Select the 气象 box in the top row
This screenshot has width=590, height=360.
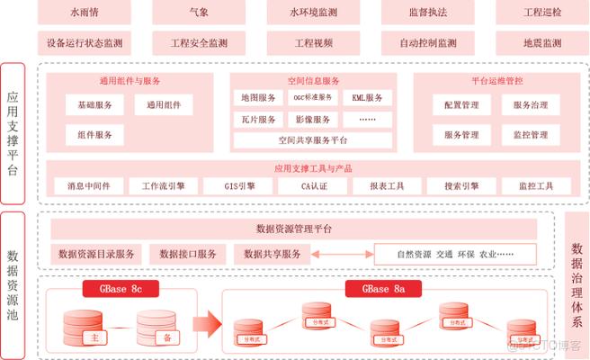pyautogui.click(x=199, y=13)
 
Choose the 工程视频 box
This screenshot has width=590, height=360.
pyautogui.click(x=313, y=42)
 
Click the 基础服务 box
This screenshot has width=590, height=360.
pyautogui.click(x=94, y=105)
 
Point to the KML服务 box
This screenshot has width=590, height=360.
pyautogui.click(x=368, y=97)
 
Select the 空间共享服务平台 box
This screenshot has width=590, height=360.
pyautogui.click(x=312, y=140)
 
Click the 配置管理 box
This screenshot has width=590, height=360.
pyautogui.click(x=461, y=105)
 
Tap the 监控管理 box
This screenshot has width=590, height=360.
pyautogui.click(x=530, y=135)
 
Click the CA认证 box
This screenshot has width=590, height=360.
pyautogui.click(x=313, y=186)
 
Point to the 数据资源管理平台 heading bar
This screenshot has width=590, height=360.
pyautogui.click(x=294, y=229)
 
